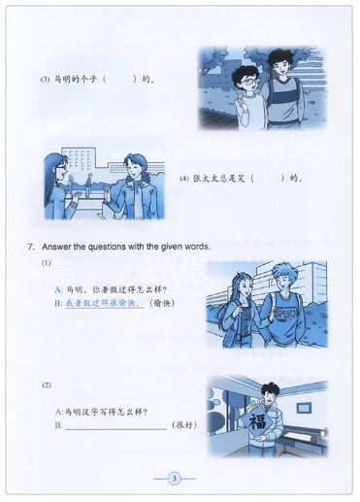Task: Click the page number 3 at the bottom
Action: click(175, 477)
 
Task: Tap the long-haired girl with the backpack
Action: click(243, 301)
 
